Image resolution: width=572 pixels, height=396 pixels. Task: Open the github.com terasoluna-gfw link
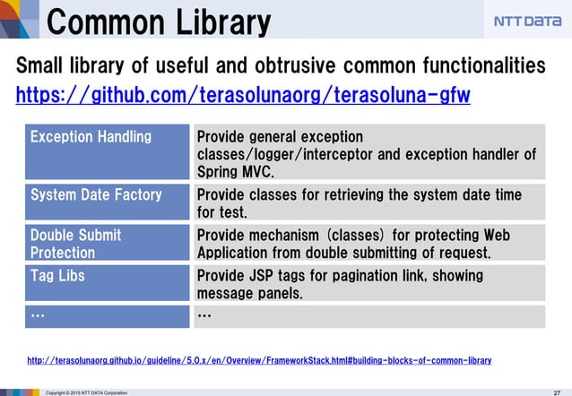click(x=243, y=94)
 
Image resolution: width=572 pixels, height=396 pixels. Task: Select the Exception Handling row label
click(x=91, y=137)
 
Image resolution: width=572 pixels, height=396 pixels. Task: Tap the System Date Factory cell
click(x=96, y=194)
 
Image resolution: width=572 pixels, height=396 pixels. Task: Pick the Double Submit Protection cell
click(x=76, y=243)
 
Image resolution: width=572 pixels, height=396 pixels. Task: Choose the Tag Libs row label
click(x=57, y=275)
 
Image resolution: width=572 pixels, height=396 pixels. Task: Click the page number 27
click(x=557, y=392)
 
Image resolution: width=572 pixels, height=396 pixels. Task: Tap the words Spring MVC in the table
click(x=235, y=171)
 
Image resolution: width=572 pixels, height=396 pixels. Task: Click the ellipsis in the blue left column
click(x=38, y=315)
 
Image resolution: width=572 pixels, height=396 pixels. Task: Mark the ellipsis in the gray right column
click(x=204, y=315)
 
